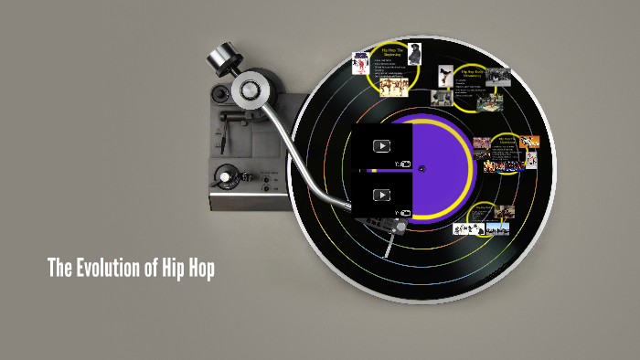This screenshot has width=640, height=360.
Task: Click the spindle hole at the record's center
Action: click(x=421, y=168)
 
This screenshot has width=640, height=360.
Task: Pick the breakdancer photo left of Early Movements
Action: click(x=447, y=74)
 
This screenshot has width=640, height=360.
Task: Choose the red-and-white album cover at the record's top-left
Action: click(x=361, y=62)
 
